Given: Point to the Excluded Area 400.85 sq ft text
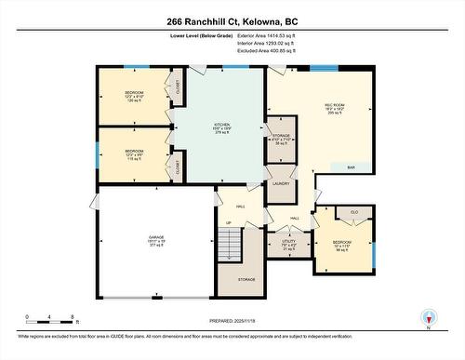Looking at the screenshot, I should click(x=259, y=51).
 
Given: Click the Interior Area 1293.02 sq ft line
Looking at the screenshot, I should click(x=257, y=43).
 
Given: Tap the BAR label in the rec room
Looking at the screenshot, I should click(x=351, y=167).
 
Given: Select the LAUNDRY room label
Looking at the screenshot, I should click(x=281, y=184).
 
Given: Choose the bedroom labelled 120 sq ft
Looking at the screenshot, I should click(x=134, y=97).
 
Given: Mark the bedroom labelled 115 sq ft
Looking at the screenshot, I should click(x=134, y=154).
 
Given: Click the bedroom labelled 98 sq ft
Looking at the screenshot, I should click(x=342, y=247).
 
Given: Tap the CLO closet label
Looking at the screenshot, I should click(x=354, y=213).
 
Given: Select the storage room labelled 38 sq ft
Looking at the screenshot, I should click(x=282, y=141).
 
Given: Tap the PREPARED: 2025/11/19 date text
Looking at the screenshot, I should click(x=232, y=322).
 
